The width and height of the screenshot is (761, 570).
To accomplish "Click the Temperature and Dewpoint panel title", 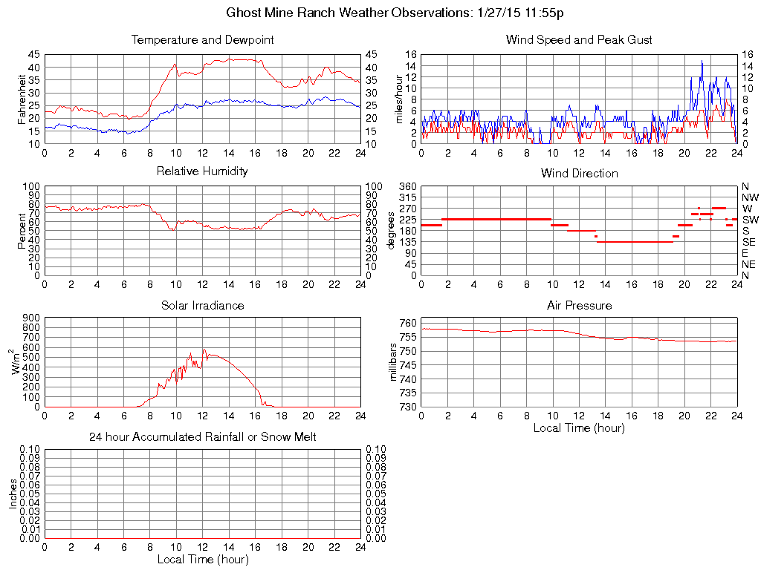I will (x=202, y=40).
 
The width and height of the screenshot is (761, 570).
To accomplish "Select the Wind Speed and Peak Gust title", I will (x=579, y=40).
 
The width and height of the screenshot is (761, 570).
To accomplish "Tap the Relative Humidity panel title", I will (x=202, y=171).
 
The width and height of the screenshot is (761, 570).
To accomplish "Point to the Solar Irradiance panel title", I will (x=202, y=305).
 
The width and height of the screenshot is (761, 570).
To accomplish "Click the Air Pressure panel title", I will (x=579, y=305).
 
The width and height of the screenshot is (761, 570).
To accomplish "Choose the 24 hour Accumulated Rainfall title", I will (x=202, y=437).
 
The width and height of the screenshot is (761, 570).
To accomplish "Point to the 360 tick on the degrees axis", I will (x=407, y=186).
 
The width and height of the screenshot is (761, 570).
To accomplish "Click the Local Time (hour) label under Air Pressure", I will (x=579, y=427).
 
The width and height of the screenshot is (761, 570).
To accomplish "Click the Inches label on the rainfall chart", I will (x=13, y=494).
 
